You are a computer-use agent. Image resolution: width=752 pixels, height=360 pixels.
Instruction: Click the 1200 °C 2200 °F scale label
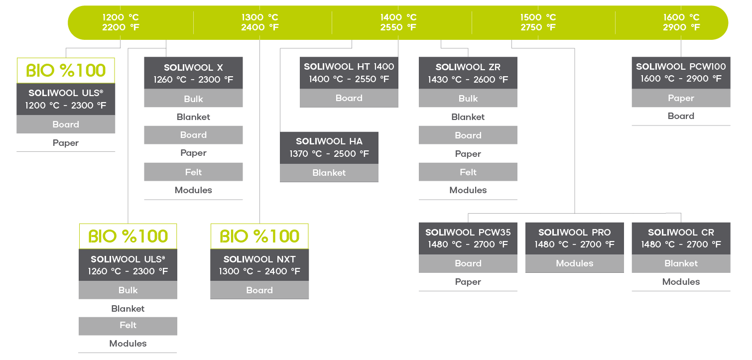(x=121, y=22)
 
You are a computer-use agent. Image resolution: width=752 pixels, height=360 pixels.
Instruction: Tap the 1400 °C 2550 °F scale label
(x=398, y=22)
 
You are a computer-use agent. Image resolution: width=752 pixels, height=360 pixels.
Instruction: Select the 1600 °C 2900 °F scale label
(x=681, y=22)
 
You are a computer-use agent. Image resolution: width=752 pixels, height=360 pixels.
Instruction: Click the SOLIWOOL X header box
(x=193, y=73)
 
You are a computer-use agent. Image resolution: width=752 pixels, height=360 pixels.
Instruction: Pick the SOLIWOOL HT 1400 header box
(x=349, y=73)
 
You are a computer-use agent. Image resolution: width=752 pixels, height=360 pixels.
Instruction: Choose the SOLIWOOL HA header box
(x=329, y=148)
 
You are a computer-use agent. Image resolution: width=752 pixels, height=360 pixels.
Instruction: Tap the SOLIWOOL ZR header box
(x=468, y=73)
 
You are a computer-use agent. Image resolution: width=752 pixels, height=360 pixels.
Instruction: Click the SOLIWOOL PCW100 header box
(x=681, y=73)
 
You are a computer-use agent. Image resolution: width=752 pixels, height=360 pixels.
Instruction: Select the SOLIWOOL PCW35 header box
(x=468, y=239)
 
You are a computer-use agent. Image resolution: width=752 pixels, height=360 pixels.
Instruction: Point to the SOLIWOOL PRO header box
(x=574, y=239)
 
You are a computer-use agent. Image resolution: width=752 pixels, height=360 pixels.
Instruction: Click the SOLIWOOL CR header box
(x=681, y=239)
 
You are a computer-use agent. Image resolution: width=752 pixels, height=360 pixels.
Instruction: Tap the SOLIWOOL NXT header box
(x=259, y=265)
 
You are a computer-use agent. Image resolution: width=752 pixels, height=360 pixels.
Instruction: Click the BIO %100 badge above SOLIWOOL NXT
(x=259, y=236)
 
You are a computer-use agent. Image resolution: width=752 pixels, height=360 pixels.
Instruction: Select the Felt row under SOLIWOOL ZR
(x=468, y=172)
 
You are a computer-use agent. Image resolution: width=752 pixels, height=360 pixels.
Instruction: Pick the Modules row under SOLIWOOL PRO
(x=574, y=263)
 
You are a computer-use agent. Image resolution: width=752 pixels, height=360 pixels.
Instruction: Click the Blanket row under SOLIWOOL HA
(x=329, y=173)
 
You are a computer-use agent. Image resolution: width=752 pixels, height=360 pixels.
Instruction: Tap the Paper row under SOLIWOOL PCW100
(x=681, y=98)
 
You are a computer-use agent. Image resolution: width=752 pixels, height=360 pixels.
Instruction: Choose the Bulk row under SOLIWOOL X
(x=193, y=98)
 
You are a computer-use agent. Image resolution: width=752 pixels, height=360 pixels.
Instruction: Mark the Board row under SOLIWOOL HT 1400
(x=349, y=98)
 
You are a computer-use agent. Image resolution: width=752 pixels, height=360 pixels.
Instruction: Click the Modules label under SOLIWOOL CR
(x=681, y=282)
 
